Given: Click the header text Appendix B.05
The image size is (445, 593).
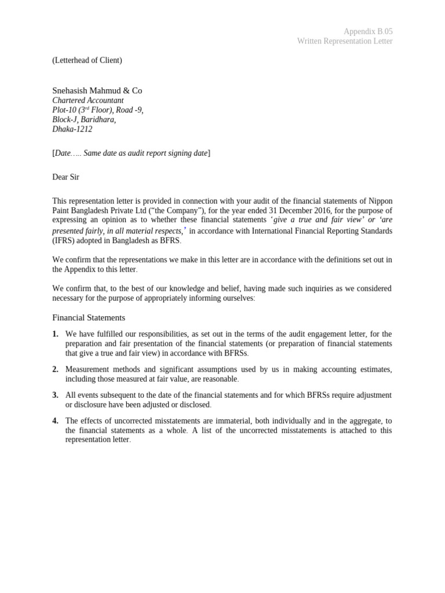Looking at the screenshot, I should [x=368, y=31].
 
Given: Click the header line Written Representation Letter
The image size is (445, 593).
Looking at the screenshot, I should [x=345, y=41].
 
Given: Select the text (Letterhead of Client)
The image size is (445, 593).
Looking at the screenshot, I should [x=87, y=60].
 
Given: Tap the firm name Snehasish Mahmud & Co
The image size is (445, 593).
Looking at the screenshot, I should [x=97, y=90].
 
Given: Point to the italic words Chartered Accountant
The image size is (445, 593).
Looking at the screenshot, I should [x=88, y=100].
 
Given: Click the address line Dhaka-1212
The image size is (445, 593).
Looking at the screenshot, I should [x=72, y=129].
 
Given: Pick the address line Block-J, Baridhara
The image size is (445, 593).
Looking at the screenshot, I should [x=84, y=120].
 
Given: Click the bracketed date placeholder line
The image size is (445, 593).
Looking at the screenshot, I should [x=132, y=153].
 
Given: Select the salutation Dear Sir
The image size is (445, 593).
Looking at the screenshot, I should [x=65, y=177].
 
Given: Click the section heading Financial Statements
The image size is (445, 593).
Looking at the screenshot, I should [x=89, y=317].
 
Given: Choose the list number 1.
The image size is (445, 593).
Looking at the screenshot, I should [x=55, y=334].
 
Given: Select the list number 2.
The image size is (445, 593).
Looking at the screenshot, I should [x=55, y=369].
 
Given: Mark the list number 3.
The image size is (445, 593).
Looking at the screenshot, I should [x=55, y=395].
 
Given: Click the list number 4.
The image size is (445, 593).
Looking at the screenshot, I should [x=55, y=420].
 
